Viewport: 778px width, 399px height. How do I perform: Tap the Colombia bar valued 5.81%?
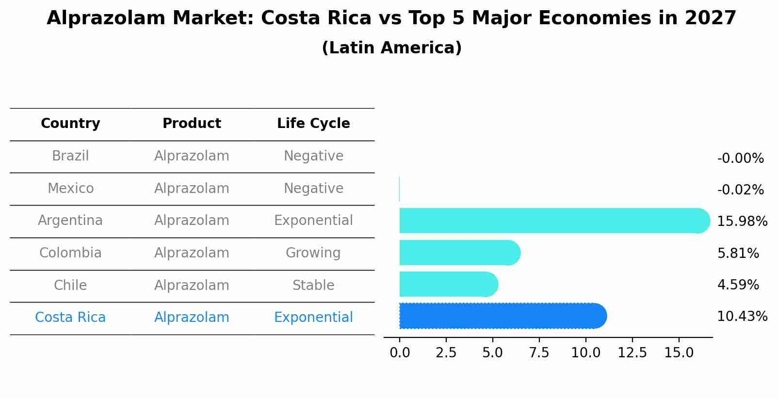(x=459, y=253)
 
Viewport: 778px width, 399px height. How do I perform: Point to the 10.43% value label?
(x=742, y=317)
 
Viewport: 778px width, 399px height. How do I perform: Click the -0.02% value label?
(x=740, y=190)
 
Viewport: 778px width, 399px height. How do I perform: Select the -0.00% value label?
(x=740, y=159)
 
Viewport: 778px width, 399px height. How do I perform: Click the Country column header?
(x=70, y=124)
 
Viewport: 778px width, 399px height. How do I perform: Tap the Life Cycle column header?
(x=313, y=124)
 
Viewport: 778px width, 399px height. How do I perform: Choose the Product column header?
(x=192, y=124)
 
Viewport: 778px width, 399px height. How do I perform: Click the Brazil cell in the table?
(x=70, y=156)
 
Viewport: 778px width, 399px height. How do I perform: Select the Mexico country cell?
(x=70, y=188)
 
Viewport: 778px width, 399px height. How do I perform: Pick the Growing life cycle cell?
(x=313, y=253)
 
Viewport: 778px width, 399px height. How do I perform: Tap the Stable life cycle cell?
(x=313, y=285)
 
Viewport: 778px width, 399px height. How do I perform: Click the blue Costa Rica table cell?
(x=70, y=318)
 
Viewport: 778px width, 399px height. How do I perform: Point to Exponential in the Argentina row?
(x=313, y=221)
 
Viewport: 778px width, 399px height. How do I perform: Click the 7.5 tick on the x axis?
(x=539, y=353)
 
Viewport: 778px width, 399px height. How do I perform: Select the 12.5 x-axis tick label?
(x=632, y=353)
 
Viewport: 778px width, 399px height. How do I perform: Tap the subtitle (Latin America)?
(x=391, y=48)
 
